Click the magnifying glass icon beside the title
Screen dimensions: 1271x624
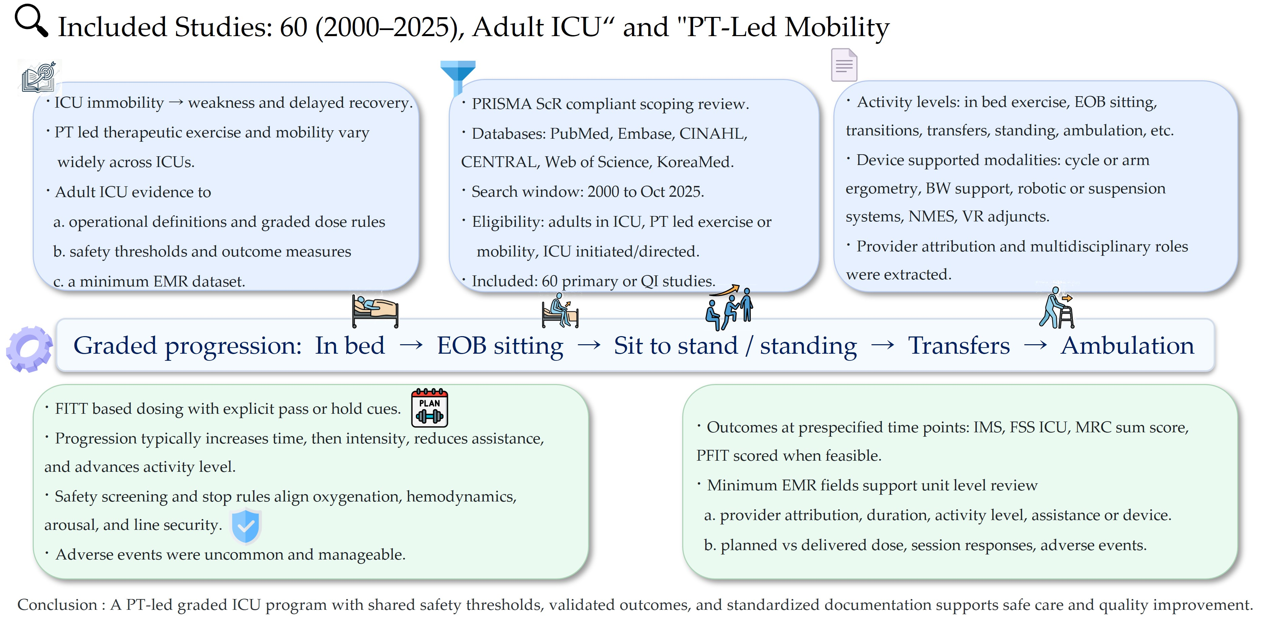click(x=31, y=20)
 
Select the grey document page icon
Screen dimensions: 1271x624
click(x=844, y=65)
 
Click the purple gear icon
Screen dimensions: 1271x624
click(x=29, y=349)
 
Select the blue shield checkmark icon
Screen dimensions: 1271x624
click(x=246, y=526)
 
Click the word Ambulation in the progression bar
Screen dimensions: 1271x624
click(x=1127, y=345)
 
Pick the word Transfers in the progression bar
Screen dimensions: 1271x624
click(x=959, y=345)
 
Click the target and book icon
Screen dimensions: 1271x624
click(x=39, y=77)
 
